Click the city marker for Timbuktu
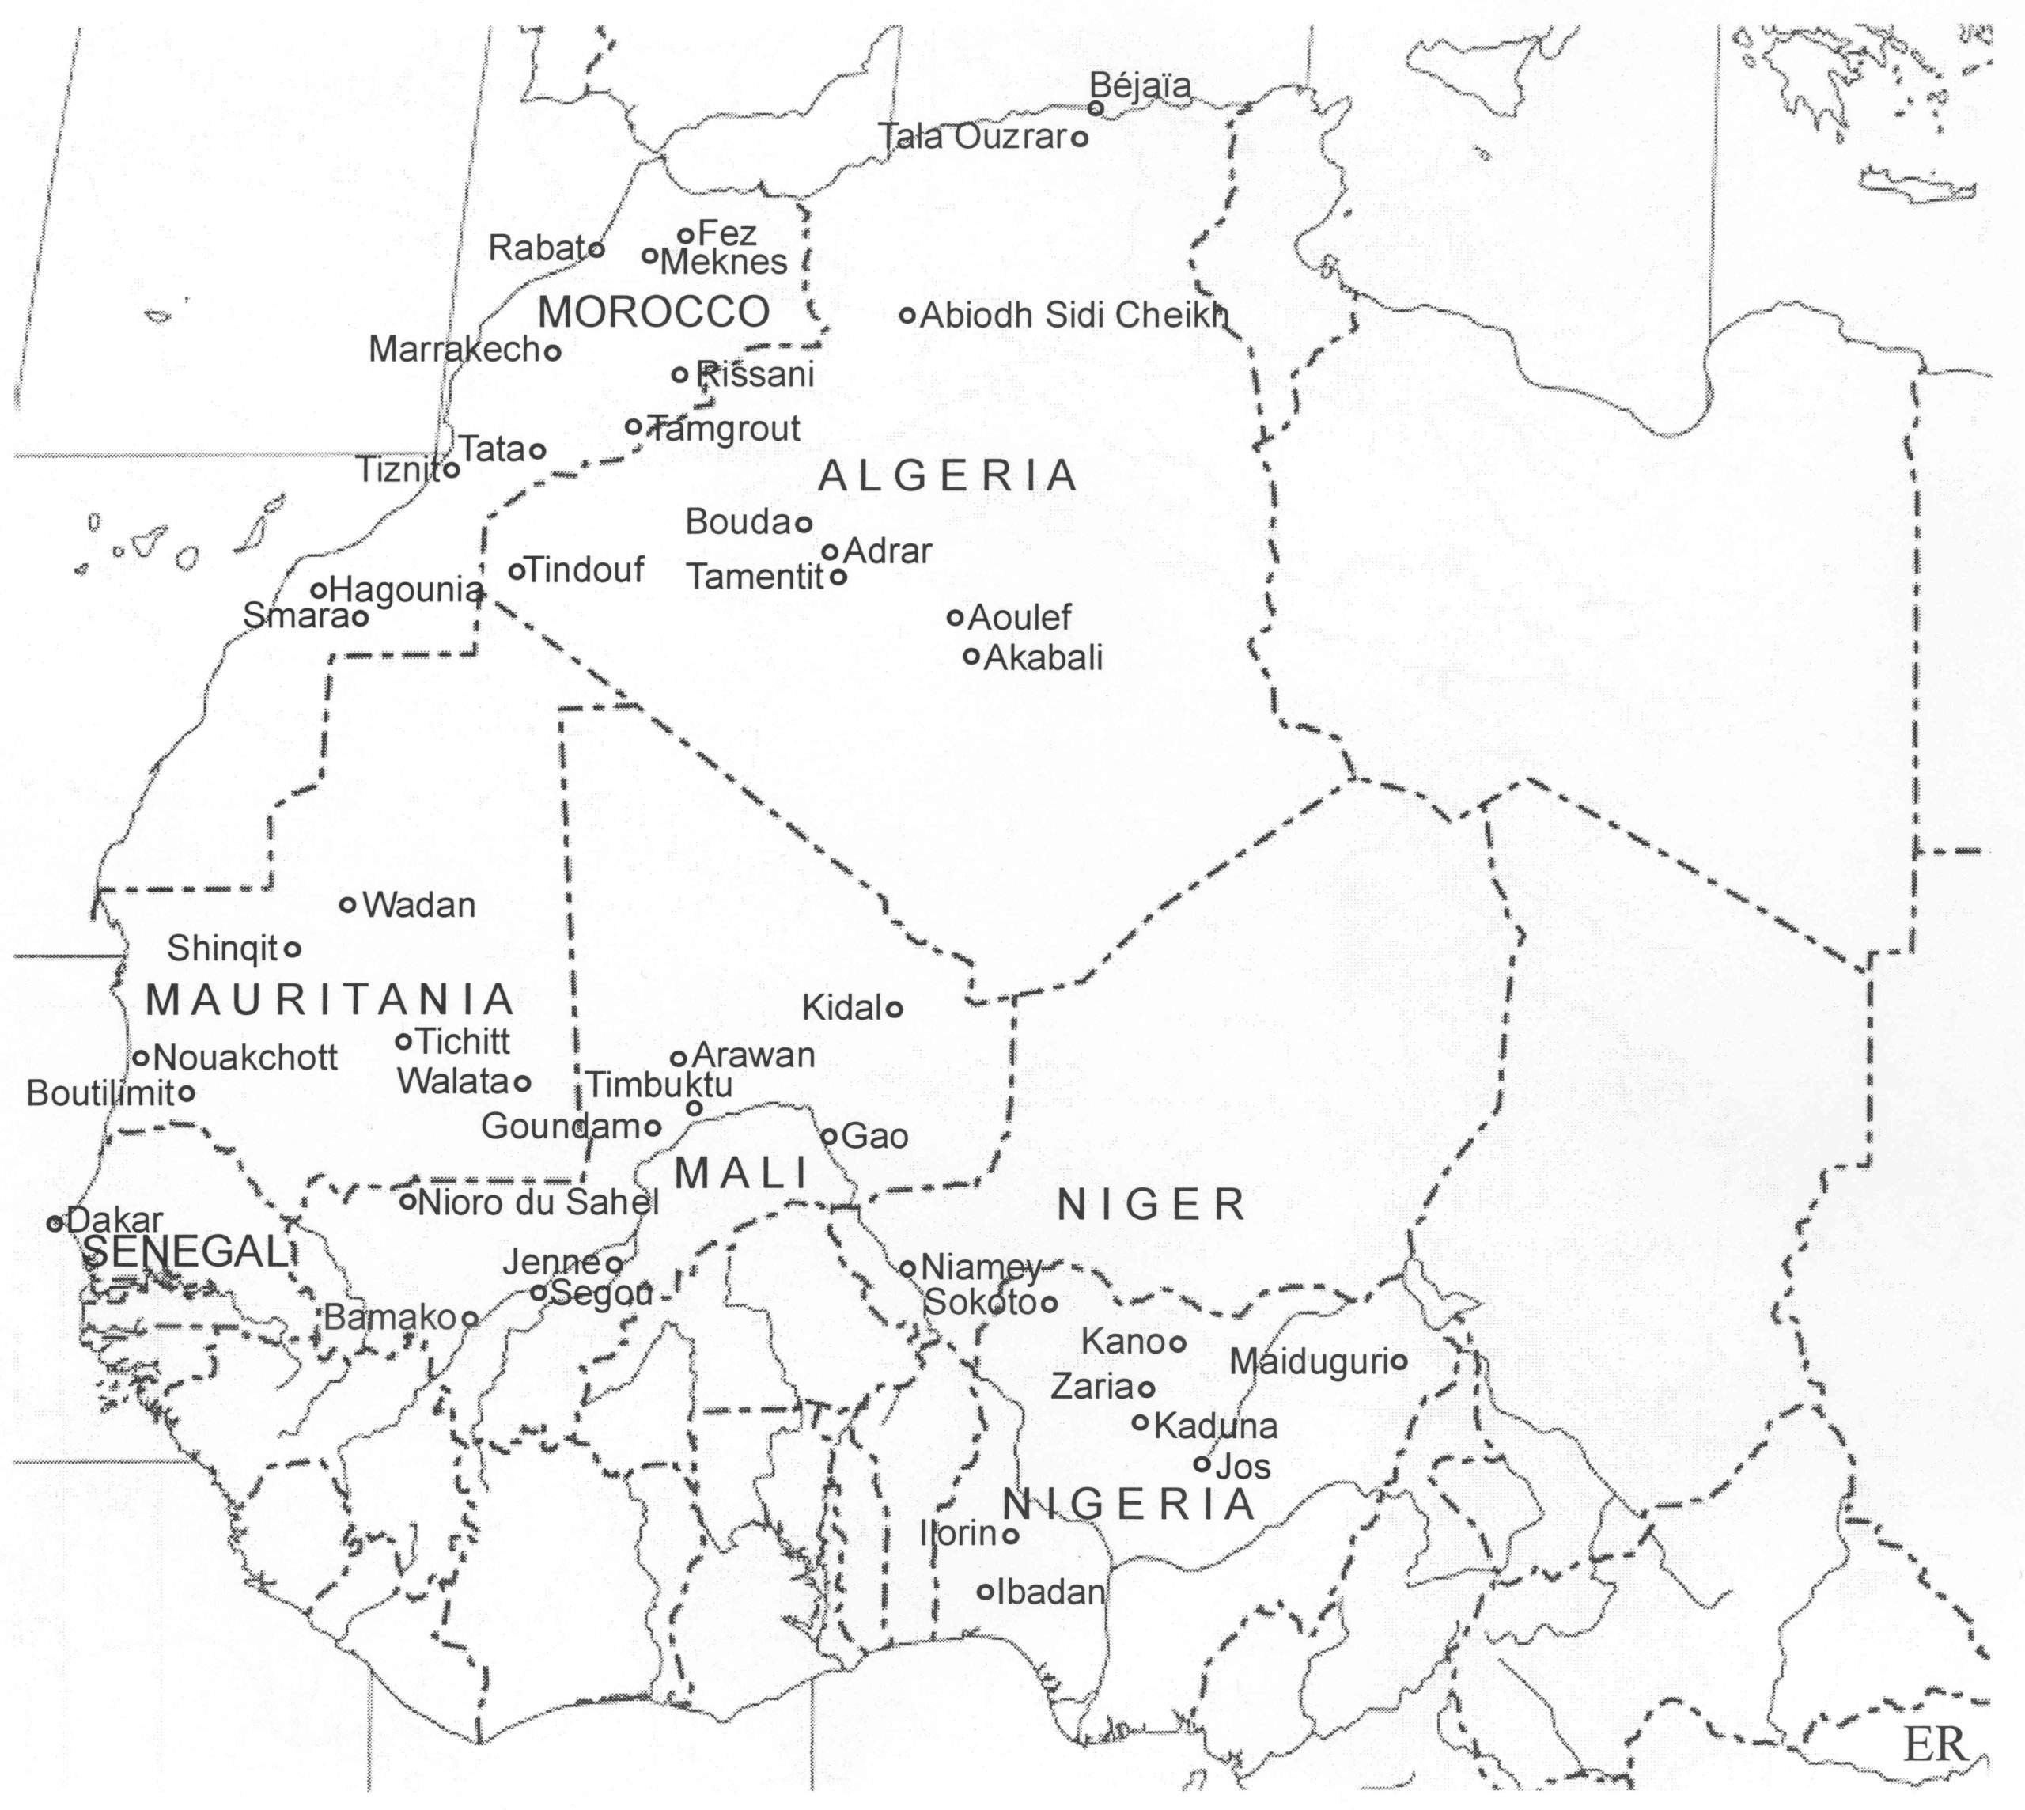(695, 1108)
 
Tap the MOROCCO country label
(653, 312)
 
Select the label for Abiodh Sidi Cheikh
(1074, 316)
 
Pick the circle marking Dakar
(55, 1223)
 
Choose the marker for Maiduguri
(1398, 1361)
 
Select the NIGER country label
(1151, 1206)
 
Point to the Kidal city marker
(894, 1009)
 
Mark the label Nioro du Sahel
(539, 1202)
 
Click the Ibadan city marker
(985, 1591)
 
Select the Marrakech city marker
(553, 351)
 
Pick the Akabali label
(1043, 657)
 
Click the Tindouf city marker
(517, 571)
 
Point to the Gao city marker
(828, 1136)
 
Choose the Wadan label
(418, 905)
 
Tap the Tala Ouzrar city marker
(1079, 138)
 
